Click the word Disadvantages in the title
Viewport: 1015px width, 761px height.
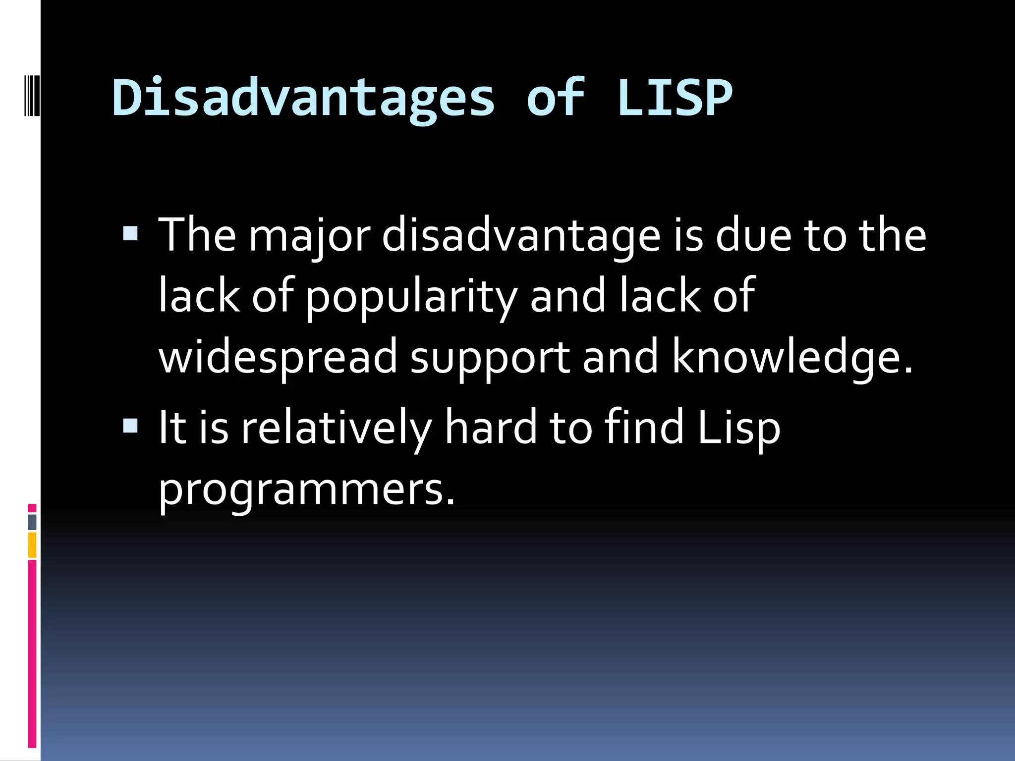(x=303, y=98)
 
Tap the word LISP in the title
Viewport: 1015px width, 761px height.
(x=675, y=98)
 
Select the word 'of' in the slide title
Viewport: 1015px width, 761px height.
(x=556, y=98)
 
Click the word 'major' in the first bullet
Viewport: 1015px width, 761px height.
(x=309, y=236)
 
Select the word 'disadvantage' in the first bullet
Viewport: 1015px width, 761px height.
(x=521, y=236)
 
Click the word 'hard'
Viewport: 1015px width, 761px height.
(x=491, y=427)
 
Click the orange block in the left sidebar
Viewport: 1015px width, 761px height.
(x=32, y=544)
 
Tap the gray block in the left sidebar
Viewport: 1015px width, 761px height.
(x=32, y=522)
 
